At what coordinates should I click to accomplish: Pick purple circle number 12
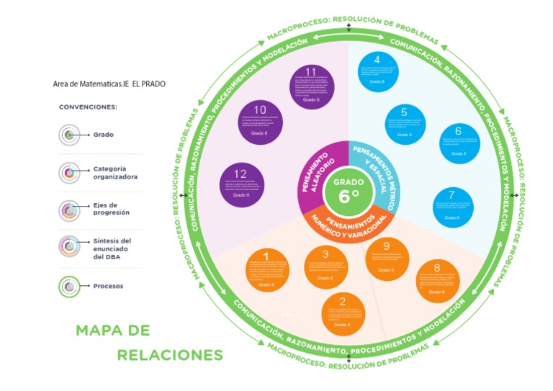click(241, 184)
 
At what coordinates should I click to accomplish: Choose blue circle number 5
click(404, 123)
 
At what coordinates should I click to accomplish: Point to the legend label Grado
click(103, 135)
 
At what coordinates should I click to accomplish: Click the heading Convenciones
click(88, 107)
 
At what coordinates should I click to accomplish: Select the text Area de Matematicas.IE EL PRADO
click(109, 84)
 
